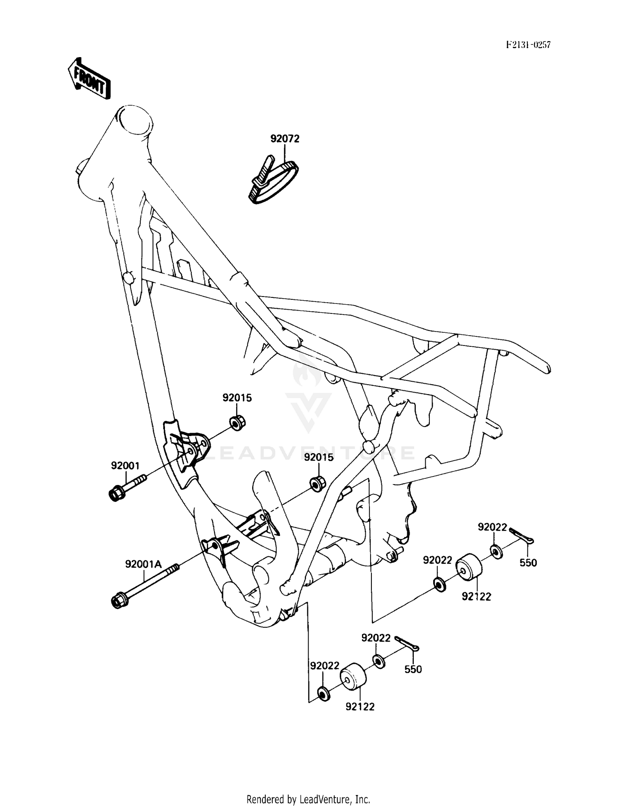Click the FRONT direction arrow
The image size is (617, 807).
[89, 78]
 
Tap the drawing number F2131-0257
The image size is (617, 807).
[528, 45]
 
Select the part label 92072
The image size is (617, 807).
[285, 139]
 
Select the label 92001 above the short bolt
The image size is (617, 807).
[125, 466]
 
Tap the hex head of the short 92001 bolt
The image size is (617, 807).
[116, 494]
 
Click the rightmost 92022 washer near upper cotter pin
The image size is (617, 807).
[496, 552]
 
